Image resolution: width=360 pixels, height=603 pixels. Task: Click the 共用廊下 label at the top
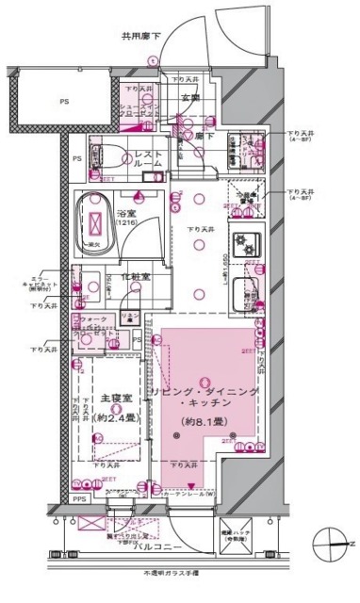(140, 37)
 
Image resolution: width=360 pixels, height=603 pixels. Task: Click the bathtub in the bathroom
(99, 223)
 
